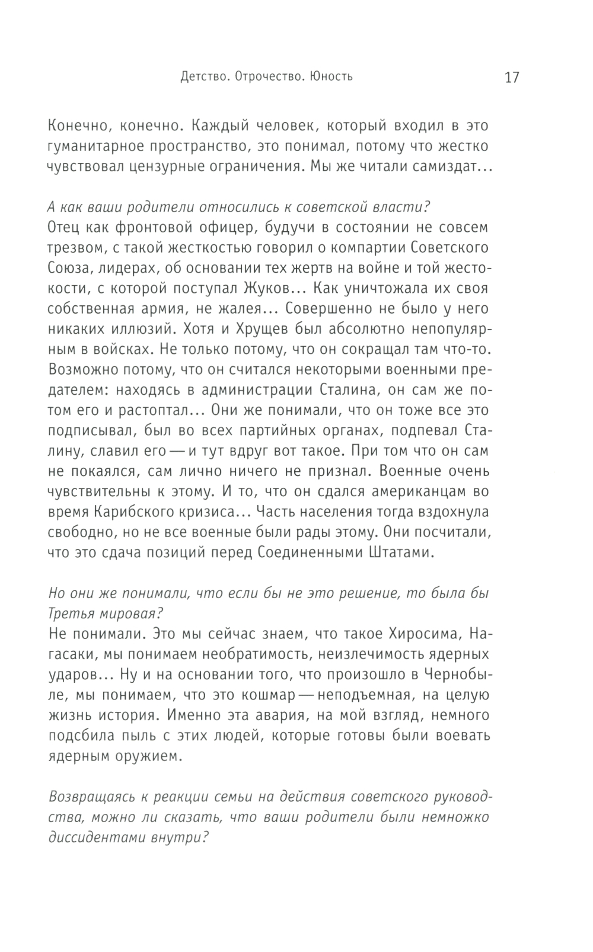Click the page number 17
(511, 78)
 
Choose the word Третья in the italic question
(68, 614)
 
